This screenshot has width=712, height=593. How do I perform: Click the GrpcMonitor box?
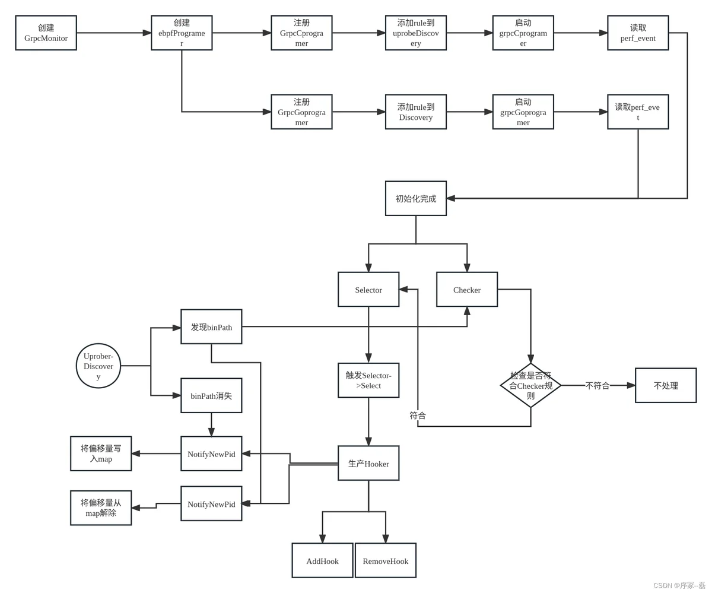(46, 33)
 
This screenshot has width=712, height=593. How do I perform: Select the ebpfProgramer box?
(182, 33)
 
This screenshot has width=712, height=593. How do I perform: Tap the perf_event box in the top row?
(638, 33)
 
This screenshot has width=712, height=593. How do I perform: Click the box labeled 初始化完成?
(416, 198)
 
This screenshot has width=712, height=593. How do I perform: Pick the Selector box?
(368, 289)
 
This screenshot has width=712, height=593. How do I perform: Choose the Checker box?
(467, 289)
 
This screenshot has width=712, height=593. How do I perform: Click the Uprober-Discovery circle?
(98, 366)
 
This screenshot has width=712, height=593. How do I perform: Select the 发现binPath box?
(211, 326)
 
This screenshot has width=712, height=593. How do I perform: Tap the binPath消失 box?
(211, 395)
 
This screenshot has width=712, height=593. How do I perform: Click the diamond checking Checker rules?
(530, 385)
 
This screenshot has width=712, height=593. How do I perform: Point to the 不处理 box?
(666, 385)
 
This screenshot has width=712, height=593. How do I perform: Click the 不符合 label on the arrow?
(597, 386)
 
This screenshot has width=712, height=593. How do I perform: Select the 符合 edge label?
(418, 416)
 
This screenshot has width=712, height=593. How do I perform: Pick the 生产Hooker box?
(368, 463)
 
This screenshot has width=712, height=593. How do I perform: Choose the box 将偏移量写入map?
(101, 454)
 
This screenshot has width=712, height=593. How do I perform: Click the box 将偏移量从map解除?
(101, 508)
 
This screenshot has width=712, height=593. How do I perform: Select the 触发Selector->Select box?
(368, 380)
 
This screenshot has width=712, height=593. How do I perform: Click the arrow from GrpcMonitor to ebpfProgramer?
(114, 33)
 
